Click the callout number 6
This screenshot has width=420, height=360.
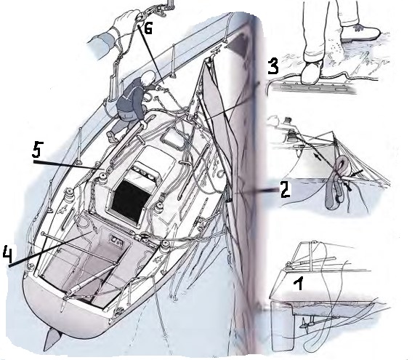click(148, 28)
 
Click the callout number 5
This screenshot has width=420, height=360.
click(37, 149)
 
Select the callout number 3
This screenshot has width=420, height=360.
click(273, 66)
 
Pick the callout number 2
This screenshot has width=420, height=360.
click(285, 189)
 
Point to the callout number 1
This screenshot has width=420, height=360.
click(299, 284)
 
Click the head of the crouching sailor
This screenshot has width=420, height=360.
click(148, 78)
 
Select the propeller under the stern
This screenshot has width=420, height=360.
click(305, 325)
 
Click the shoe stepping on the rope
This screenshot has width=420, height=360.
click(312, 71)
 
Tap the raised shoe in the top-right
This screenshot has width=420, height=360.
click(360, 33)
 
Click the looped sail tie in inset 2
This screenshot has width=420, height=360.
click(338, 183)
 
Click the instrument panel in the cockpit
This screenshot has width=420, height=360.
click(117, 241)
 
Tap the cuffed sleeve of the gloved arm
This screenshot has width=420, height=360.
click(100, 47)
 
